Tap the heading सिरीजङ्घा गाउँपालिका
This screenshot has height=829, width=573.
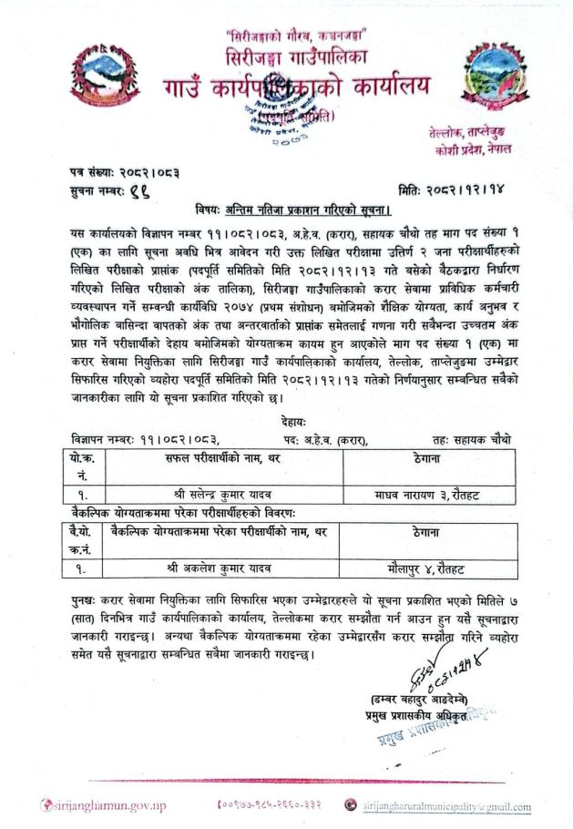point(286,56)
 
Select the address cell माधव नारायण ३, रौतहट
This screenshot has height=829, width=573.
point(427,494)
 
